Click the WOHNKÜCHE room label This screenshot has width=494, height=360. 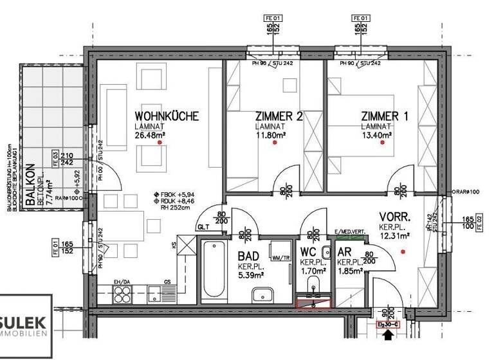click(166, 116)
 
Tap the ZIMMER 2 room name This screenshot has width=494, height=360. click(278, 116)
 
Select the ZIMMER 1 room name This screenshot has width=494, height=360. click(384, 116)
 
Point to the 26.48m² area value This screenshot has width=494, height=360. click(151, 136)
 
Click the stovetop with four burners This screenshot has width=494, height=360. click(122, 295)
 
